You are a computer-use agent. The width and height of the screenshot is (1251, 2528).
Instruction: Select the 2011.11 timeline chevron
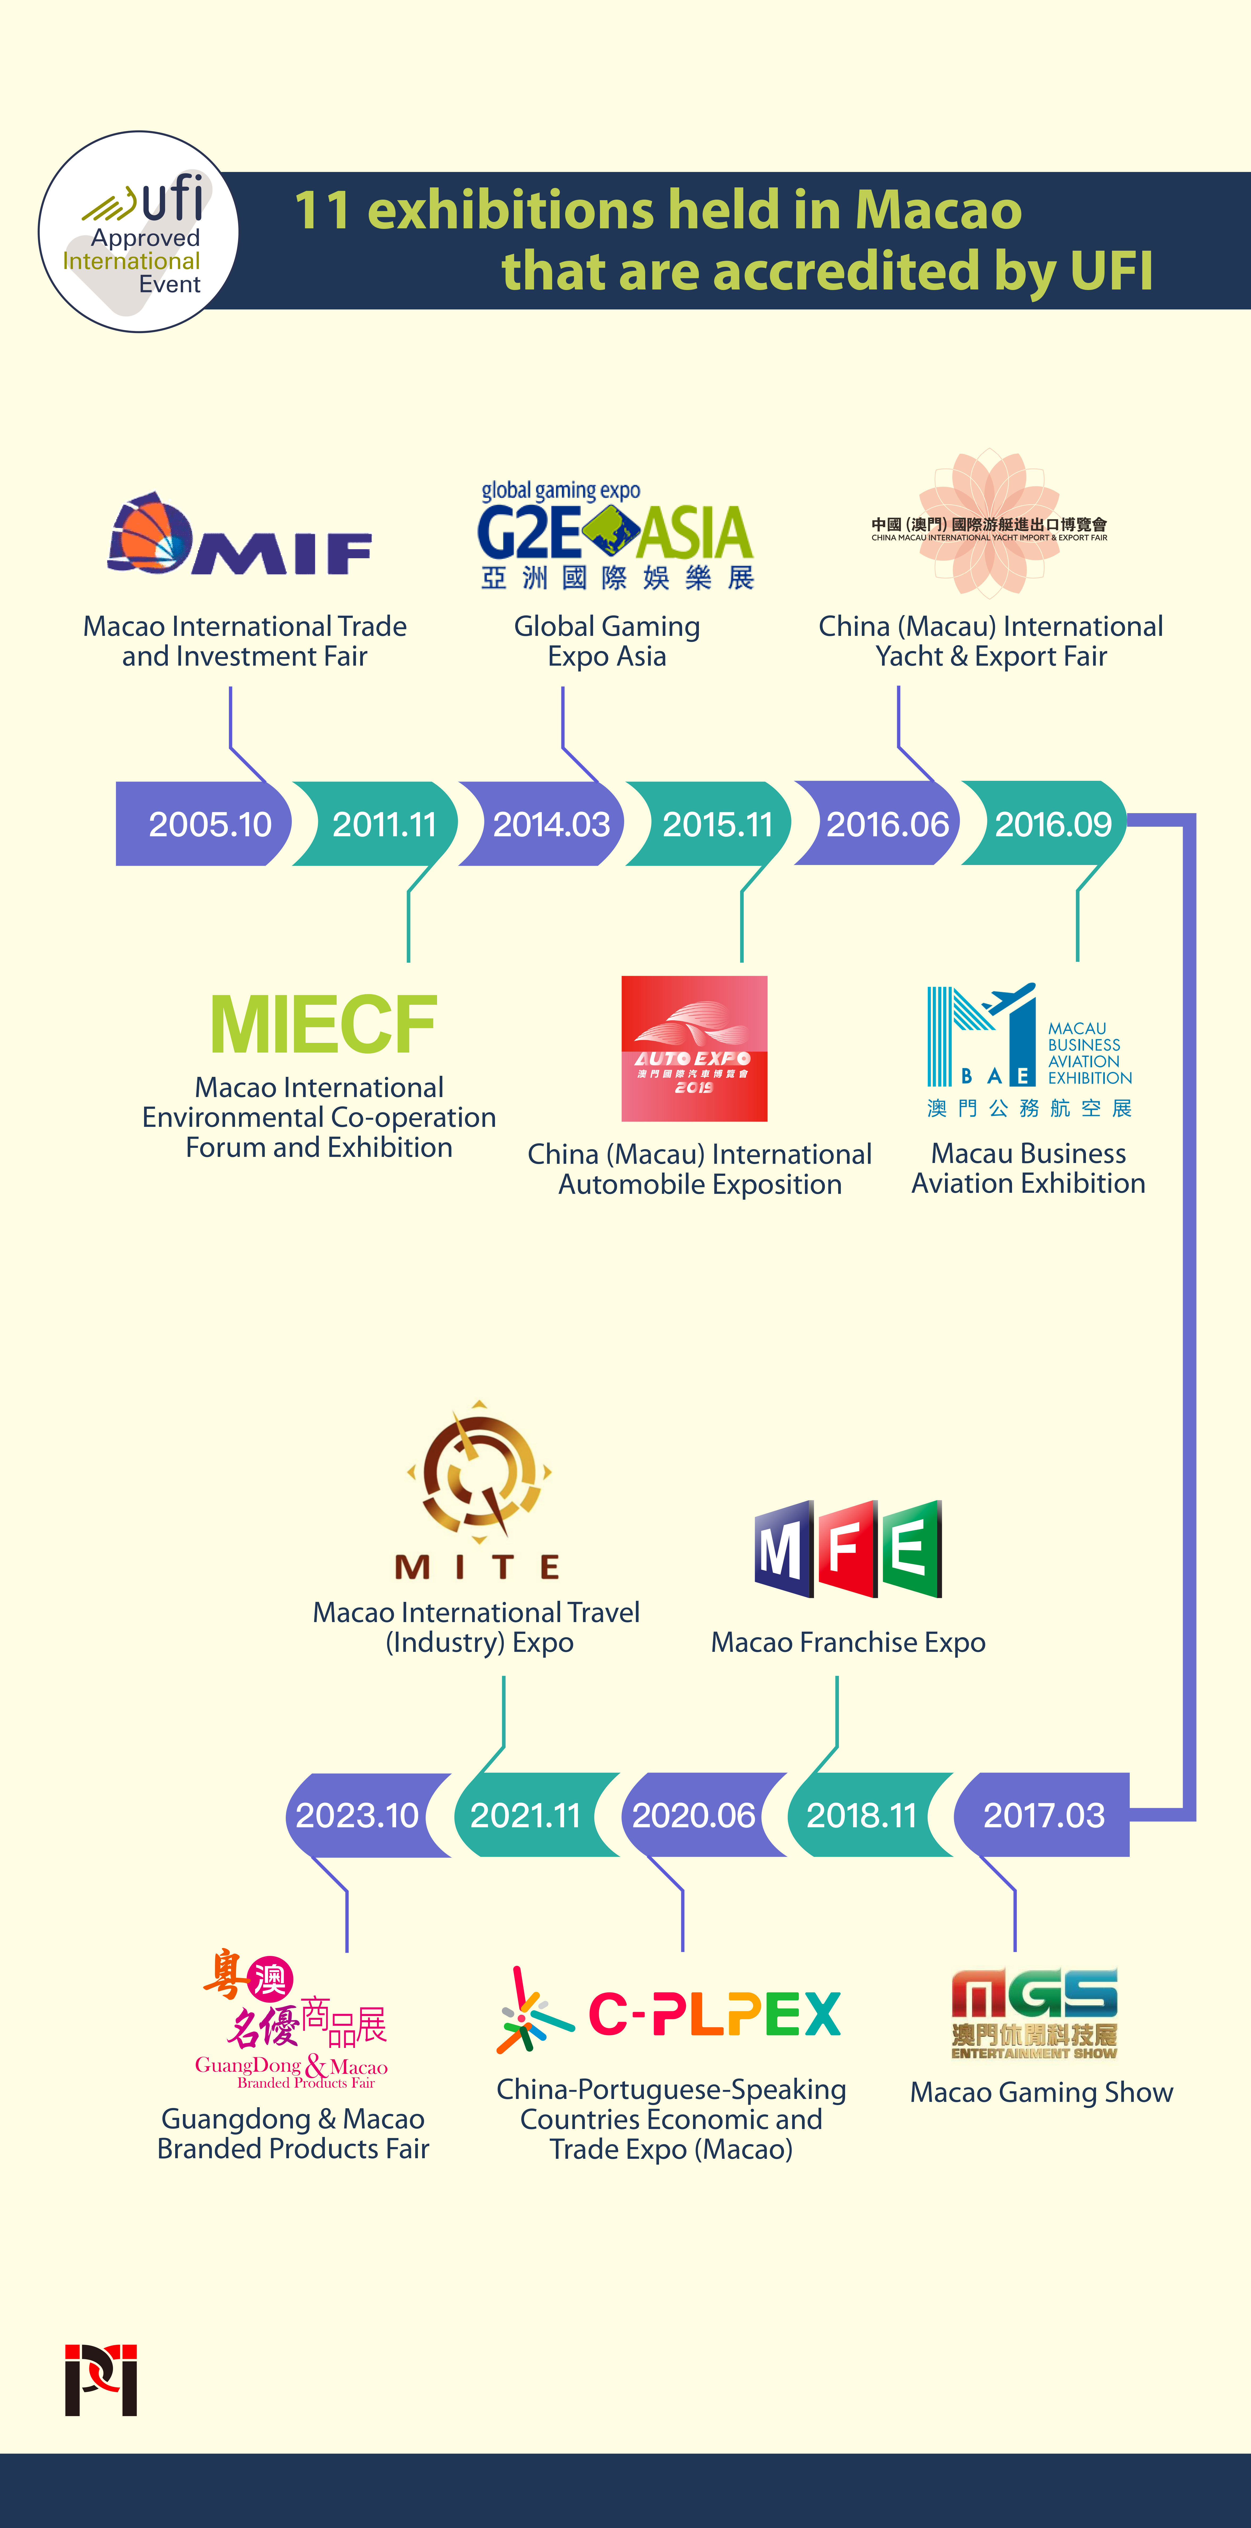[384, 824]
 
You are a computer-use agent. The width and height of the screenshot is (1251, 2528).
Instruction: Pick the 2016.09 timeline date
[1053, 824]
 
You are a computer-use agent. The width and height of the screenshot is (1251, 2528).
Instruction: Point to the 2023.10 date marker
[357, 1816]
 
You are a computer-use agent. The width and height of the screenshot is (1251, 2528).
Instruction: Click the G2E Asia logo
[615, 535]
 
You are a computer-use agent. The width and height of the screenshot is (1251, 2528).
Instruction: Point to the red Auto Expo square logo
[694, 1048]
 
